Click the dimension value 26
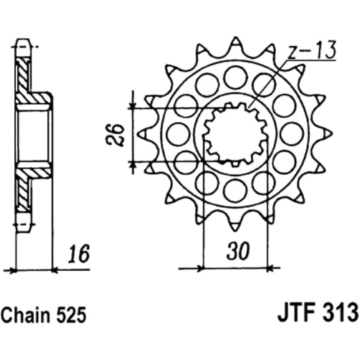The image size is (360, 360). (114, 135)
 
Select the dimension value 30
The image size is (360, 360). (238, 250)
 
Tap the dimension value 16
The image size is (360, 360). (79, 254)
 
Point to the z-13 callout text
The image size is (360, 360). (313, 50)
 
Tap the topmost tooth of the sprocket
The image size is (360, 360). (236, 45)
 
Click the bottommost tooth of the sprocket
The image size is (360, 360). (236, 224)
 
